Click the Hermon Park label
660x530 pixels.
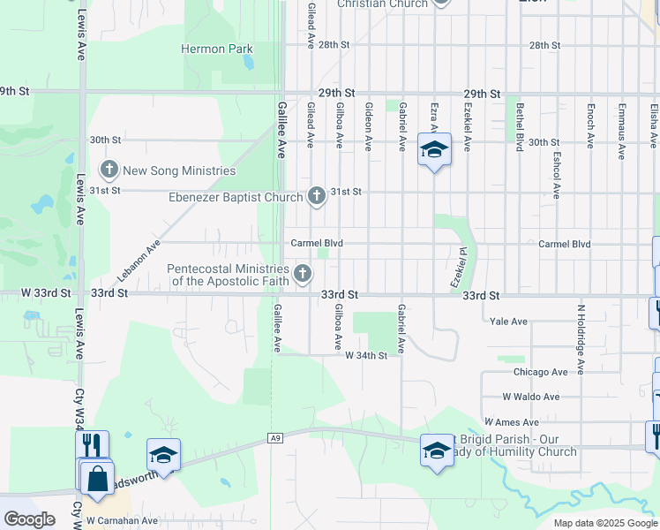(217, 49)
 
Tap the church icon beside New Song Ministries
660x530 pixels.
(109, 169)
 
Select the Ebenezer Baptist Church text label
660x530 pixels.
(236, 197)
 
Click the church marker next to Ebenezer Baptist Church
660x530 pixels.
(317, 195)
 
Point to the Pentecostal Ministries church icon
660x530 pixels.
(303, 274)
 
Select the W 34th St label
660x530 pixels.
(366, 355)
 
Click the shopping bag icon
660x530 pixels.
(97, 478)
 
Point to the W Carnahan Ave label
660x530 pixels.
(122, 521)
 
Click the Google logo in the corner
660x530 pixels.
(29, 519)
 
